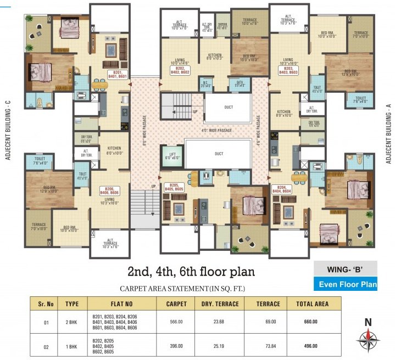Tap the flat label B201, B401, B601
(116, 74)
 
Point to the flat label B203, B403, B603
(288, 70)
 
